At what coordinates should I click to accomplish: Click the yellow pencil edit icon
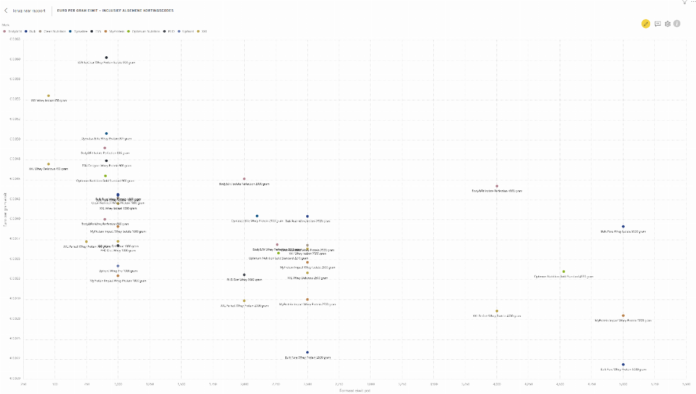[x=646, y=23]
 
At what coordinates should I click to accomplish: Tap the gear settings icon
[x=668, y=23]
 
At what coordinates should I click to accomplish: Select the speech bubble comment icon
[x=658, y=23]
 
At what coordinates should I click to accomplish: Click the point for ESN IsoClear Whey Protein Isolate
[x=106, y=57]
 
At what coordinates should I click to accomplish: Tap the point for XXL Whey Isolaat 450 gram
[x=49, y=96]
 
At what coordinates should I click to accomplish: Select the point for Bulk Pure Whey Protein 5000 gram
[x=623, y=364]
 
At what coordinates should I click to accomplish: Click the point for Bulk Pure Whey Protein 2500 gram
[x=307, y=352]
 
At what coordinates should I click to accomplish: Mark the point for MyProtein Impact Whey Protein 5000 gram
[x=623, y=316]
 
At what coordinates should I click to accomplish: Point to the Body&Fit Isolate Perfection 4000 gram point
[x=497, y=186]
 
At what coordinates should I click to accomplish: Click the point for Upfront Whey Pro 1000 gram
[x=118, y=266]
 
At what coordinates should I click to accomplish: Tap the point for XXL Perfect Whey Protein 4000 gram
[x=497, y=311]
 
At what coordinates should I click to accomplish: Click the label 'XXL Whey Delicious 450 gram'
[x=49, y=169]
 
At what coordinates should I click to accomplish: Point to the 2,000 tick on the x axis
[x=244, y=384]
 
